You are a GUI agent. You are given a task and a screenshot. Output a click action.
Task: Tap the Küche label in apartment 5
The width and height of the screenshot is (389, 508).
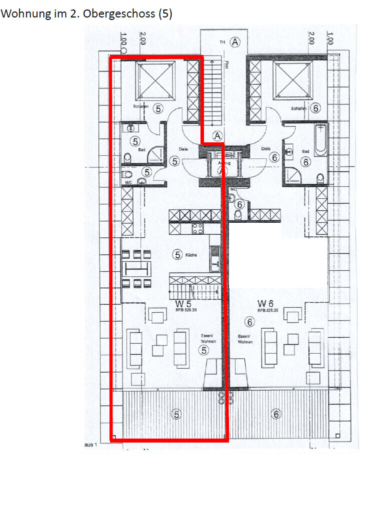[190, 255]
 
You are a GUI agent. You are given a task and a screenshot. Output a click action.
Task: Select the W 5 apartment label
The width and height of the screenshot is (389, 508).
[182, 303]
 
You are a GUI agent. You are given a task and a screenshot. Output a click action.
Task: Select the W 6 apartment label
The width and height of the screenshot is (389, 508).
[265, 303]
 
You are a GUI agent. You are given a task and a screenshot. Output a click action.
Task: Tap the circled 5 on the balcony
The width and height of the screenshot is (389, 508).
[175, 414]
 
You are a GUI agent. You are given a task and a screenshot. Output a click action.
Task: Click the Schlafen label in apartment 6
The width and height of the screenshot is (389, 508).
[299, 108]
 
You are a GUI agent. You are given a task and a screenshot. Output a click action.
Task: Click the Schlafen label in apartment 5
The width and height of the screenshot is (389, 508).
[141, 106]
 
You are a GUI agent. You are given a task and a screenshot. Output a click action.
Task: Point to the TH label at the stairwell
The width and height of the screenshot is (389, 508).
[222, 42]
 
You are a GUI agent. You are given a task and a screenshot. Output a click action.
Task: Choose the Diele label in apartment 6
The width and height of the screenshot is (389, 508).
[265, 148]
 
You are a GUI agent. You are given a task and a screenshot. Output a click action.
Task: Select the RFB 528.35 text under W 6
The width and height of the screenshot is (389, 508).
[267, 310]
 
